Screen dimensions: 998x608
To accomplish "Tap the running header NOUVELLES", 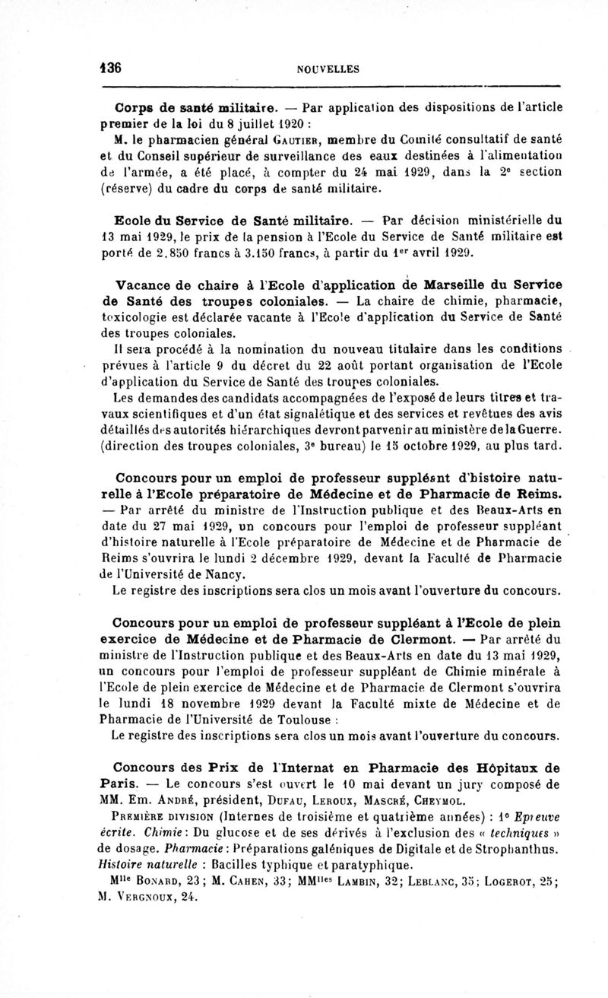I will point(328,69).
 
